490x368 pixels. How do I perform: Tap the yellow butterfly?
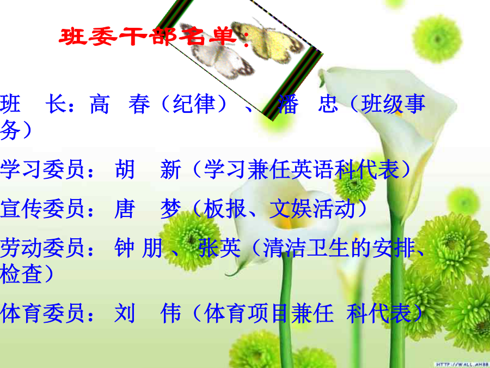pos(268,41)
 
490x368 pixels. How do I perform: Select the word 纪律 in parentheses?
pos(194,104)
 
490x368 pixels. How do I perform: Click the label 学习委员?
pos(42,170)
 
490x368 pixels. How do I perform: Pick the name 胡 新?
pos(148,170)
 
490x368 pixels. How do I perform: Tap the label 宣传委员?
pos(42,208)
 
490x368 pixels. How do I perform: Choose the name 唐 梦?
pos(148,208)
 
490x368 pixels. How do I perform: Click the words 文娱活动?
pos(312,208)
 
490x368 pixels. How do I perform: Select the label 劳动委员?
pos(42,248)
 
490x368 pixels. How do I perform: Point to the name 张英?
pos(220,248)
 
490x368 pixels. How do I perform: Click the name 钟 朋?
pos(138,248)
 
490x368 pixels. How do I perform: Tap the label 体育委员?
pos(42,313)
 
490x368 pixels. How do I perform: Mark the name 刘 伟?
pos(148,313)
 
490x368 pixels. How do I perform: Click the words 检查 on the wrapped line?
pos(21,274)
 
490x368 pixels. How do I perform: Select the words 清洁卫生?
pos(306,248)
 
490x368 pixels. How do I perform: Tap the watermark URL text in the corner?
pos(462,364)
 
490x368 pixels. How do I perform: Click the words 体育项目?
pos(247,313)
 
